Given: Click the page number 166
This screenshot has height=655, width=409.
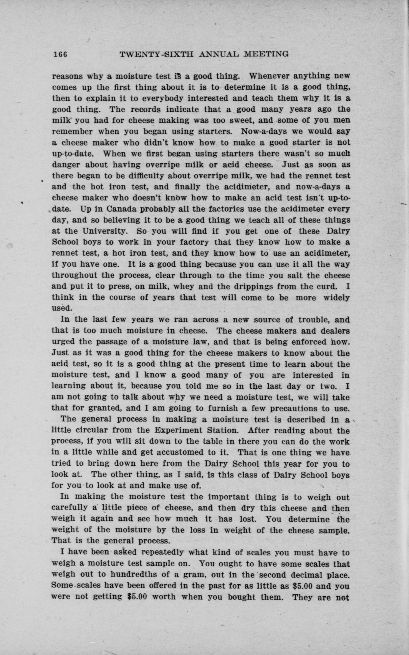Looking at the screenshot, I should click(x=60, y=54).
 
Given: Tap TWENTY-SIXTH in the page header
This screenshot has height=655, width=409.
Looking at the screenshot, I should click(x=157, y=54).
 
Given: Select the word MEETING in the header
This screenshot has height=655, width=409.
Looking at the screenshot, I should click(x=267, y=54).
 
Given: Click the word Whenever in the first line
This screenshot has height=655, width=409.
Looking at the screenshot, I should click(x=268, y=76).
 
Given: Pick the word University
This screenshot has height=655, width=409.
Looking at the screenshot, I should click(x=105, y=231).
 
